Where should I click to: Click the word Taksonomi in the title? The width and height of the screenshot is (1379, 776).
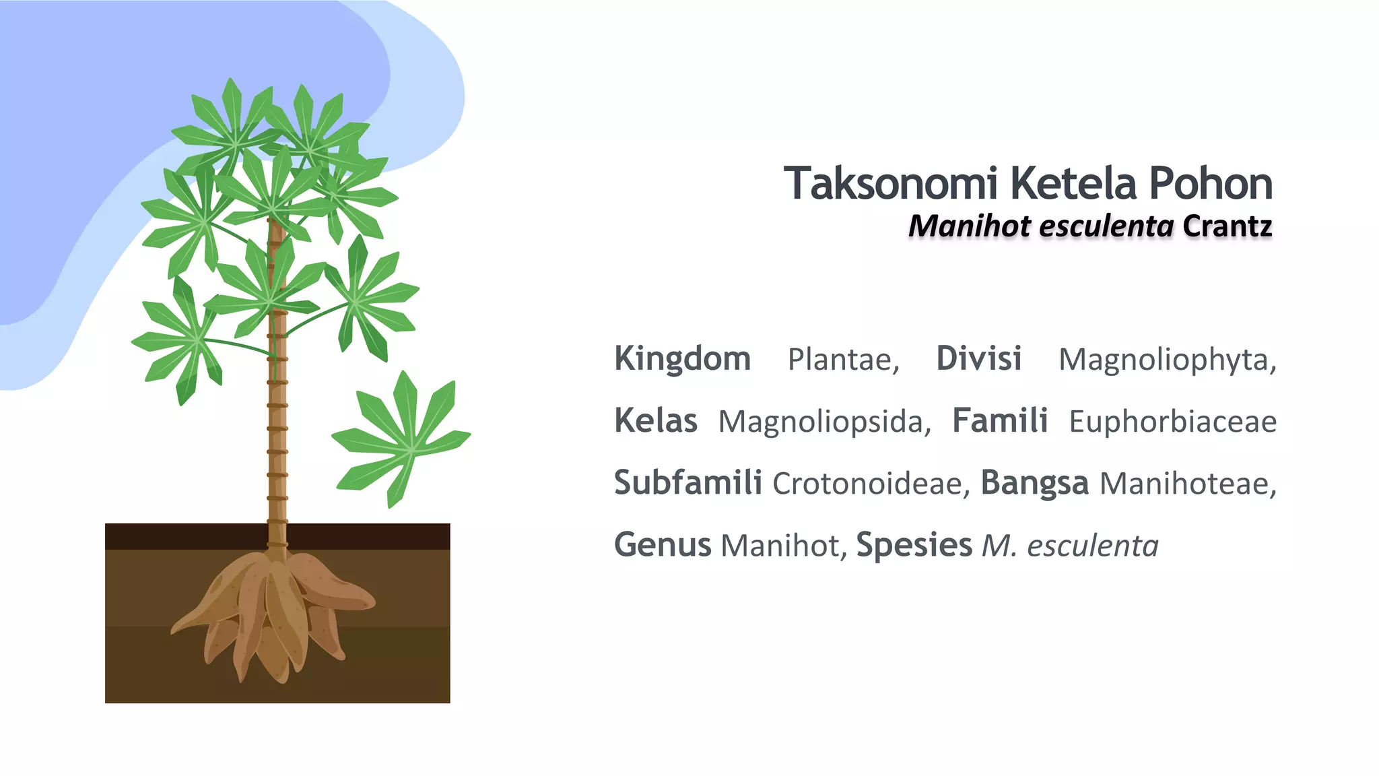tap(890, 183)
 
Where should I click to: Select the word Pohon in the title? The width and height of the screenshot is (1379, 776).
tap(1210, 183)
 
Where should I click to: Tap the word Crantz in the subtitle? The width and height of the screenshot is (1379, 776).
tap(1227, 226)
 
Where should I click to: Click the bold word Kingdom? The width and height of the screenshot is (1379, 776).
tap(682, 358)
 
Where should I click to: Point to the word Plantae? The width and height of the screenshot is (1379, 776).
tap(842, 360)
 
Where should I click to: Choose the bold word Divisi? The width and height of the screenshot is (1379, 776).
tap(978, 358)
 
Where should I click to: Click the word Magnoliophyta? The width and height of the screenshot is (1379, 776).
tap(1166, 360)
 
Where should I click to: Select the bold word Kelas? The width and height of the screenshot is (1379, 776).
tap(655, 421)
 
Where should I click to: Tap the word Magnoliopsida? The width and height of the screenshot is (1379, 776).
tap(823, 422)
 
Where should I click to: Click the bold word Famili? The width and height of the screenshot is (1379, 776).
tap(999, 421)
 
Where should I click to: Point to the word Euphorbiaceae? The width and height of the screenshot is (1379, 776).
tap(1172, 422)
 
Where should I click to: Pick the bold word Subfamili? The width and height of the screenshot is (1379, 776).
tap(687, 483)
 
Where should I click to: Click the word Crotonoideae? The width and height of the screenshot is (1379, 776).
tap(871, 484)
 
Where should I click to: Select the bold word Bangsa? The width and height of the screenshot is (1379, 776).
tap(1034, 483)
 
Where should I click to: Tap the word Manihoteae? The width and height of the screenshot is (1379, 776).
tap(1186, 484)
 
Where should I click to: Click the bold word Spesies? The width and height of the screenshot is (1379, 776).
tap(914, 545)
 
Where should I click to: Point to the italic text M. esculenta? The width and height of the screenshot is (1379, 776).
tap(1070, 546)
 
